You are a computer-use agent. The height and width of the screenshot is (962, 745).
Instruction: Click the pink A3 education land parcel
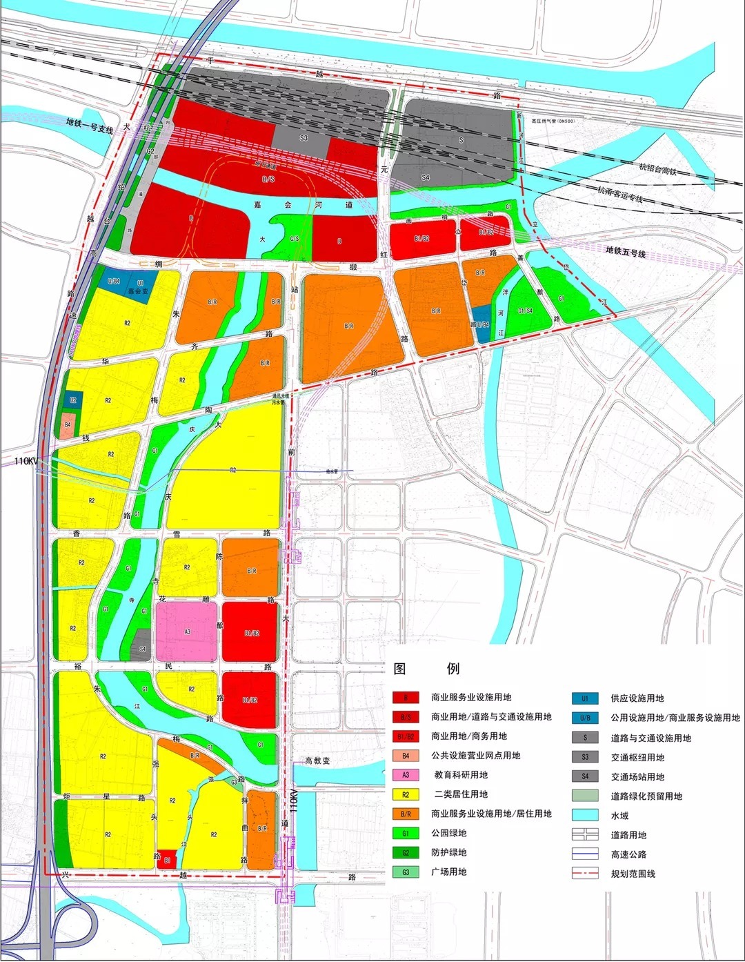(x=187, y=631)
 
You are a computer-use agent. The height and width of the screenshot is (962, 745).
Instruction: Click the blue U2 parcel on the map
(x=73, y=400)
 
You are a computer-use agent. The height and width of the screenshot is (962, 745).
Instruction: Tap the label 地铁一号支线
(x=89, y=121)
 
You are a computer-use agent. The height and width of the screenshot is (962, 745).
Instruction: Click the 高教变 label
(x=317, y=760)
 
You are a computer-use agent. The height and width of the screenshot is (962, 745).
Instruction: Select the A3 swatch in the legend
(x=406, y=775)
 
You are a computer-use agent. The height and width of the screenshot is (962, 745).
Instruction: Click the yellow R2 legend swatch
(x=406, y=794)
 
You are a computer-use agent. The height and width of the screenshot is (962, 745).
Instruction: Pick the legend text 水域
(x=619, y=815)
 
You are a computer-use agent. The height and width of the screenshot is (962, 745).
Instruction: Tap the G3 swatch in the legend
(x=406, y=872)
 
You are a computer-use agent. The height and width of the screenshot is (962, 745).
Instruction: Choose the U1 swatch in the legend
(x=585, y=698)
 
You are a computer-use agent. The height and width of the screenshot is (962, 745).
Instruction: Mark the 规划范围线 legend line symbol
(x=585, y=874)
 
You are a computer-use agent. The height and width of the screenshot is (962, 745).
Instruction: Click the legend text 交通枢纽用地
(x=637, y=757)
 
